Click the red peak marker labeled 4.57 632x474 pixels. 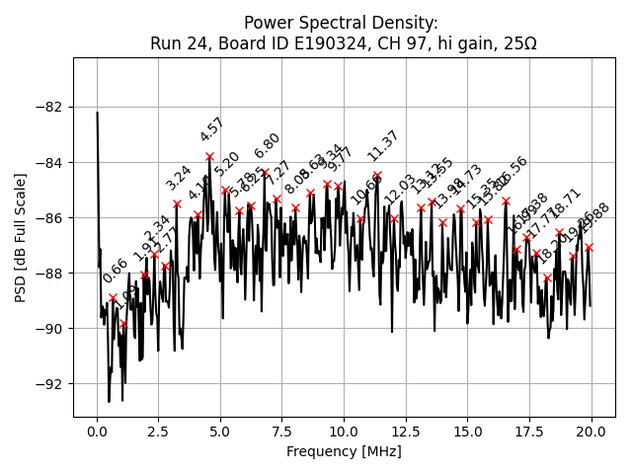[x=209, y=156]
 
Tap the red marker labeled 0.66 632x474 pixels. [x=113, y=297]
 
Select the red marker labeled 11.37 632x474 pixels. [x=377, y=176]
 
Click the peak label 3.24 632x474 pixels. [x=179, y=178]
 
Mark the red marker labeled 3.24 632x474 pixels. [x=177, y=203]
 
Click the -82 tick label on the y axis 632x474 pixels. [x=48, y=107]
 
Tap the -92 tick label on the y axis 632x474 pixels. [x=48, y=384]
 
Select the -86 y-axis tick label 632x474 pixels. [x=48, y=217]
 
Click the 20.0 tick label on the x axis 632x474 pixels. [x=592, y=432]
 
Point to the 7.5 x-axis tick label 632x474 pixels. [x=281, y=432]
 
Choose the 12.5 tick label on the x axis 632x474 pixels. [x=406, y=432]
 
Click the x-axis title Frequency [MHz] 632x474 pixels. [x=344, y=452]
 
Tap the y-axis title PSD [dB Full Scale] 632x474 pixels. [x=21, y=237]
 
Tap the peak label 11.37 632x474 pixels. [x=383, y=146]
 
